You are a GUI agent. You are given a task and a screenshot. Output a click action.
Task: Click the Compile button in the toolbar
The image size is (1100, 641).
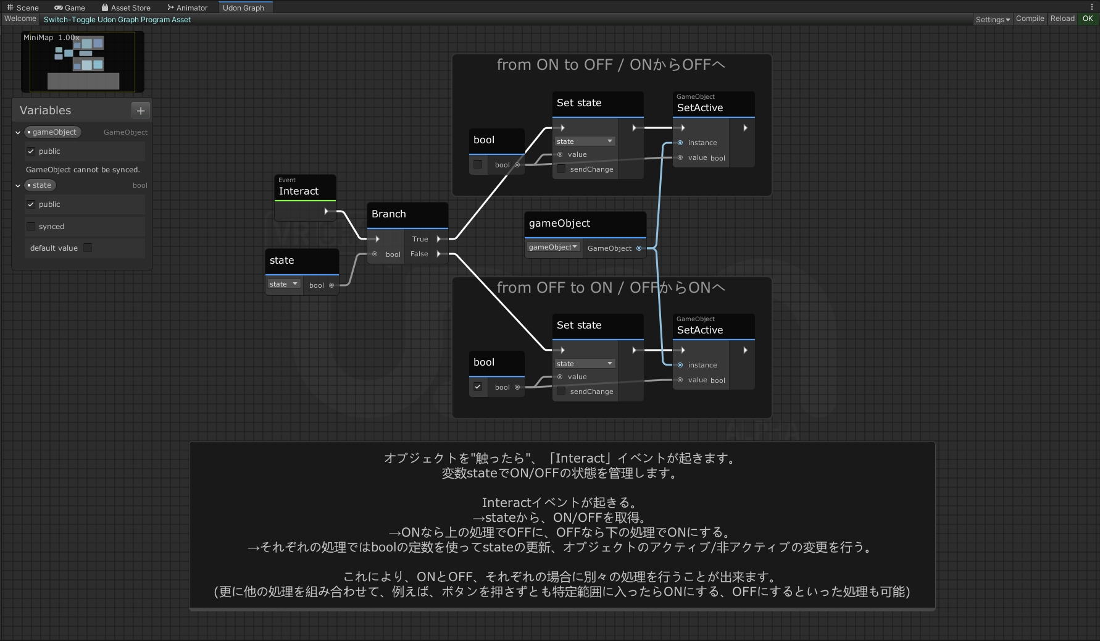[x=1030, y=19]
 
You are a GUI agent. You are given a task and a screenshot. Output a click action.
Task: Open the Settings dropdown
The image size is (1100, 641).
[x=992, y=19]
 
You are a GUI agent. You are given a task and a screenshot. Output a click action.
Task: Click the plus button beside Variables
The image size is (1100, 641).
[x=141, y=111]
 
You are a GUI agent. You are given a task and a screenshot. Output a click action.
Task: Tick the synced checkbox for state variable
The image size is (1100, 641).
[x=31, y=227]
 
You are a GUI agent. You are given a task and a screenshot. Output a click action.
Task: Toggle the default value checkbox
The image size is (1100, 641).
[x=88, y=248]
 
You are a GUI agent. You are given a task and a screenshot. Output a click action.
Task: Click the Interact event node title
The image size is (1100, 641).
[x=299, y=191]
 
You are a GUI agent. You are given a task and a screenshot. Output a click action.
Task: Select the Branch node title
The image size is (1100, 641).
[x=389, y=214]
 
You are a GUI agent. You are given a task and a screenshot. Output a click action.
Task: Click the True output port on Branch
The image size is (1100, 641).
[x=439, y=239]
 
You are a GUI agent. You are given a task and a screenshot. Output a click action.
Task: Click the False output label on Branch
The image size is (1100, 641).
[x=419, y=254]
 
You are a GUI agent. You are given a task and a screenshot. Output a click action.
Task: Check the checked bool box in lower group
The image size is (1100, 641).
[x=478, y=387]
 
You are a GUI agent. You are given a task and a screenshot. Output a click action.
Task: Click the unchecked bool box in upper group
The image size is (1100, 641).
[x=478, y=164]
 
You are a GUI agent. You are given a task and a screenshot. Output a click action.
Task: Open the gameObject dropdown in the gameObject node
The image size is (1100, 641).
[x=553, y=247]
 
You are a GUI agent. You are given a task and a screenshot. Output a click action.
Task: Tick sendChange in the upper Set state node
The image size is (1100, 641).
[x=561, y=169]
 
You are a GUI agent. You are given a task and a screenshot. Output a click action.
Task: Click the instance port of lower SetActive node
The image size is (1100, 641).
[x=680, y=365]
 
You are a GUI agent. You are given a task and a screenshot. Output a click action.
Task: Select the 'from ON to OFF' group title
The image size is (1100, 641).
[x=610, y=65]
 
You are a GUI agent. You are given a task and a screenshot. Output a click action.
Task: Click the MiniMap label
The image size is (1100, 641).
[x=38, y=37]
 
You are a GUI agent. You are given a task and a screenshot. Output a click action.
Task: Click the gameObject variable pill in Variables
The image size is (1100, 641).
[x=54, y=132]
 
